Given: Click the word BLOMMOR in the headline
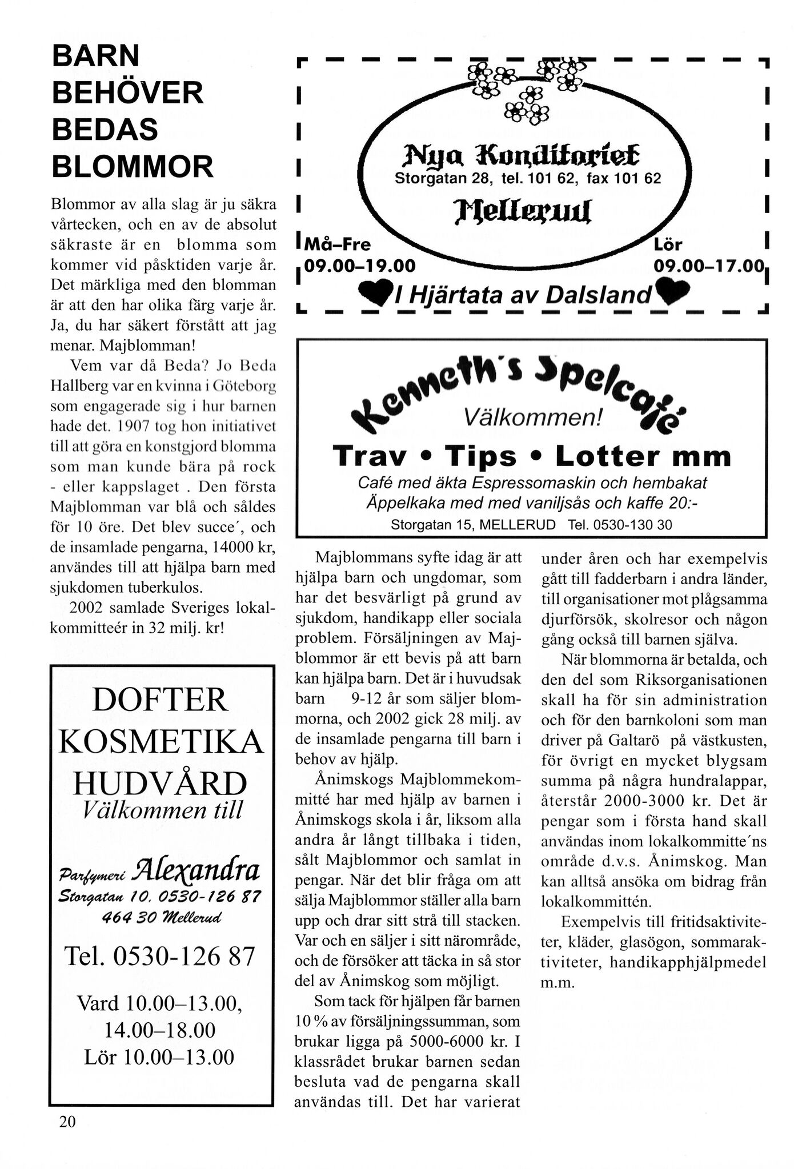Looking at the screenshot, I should click(133, 167).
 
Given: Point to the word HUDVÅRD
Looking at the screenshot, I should click(161, 784).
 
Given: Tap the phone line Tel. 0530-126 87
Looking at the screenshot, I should click(161, 956).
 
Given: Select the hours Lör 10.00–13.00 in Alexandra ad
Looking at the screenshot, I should click(159, 1056).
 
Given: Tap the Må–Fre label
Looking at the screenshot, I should click(338, 246).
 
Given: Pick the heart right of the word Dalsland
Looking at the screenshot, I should click(674, 291).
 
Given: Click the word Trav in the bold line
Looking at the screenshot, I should click(370, 456).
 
